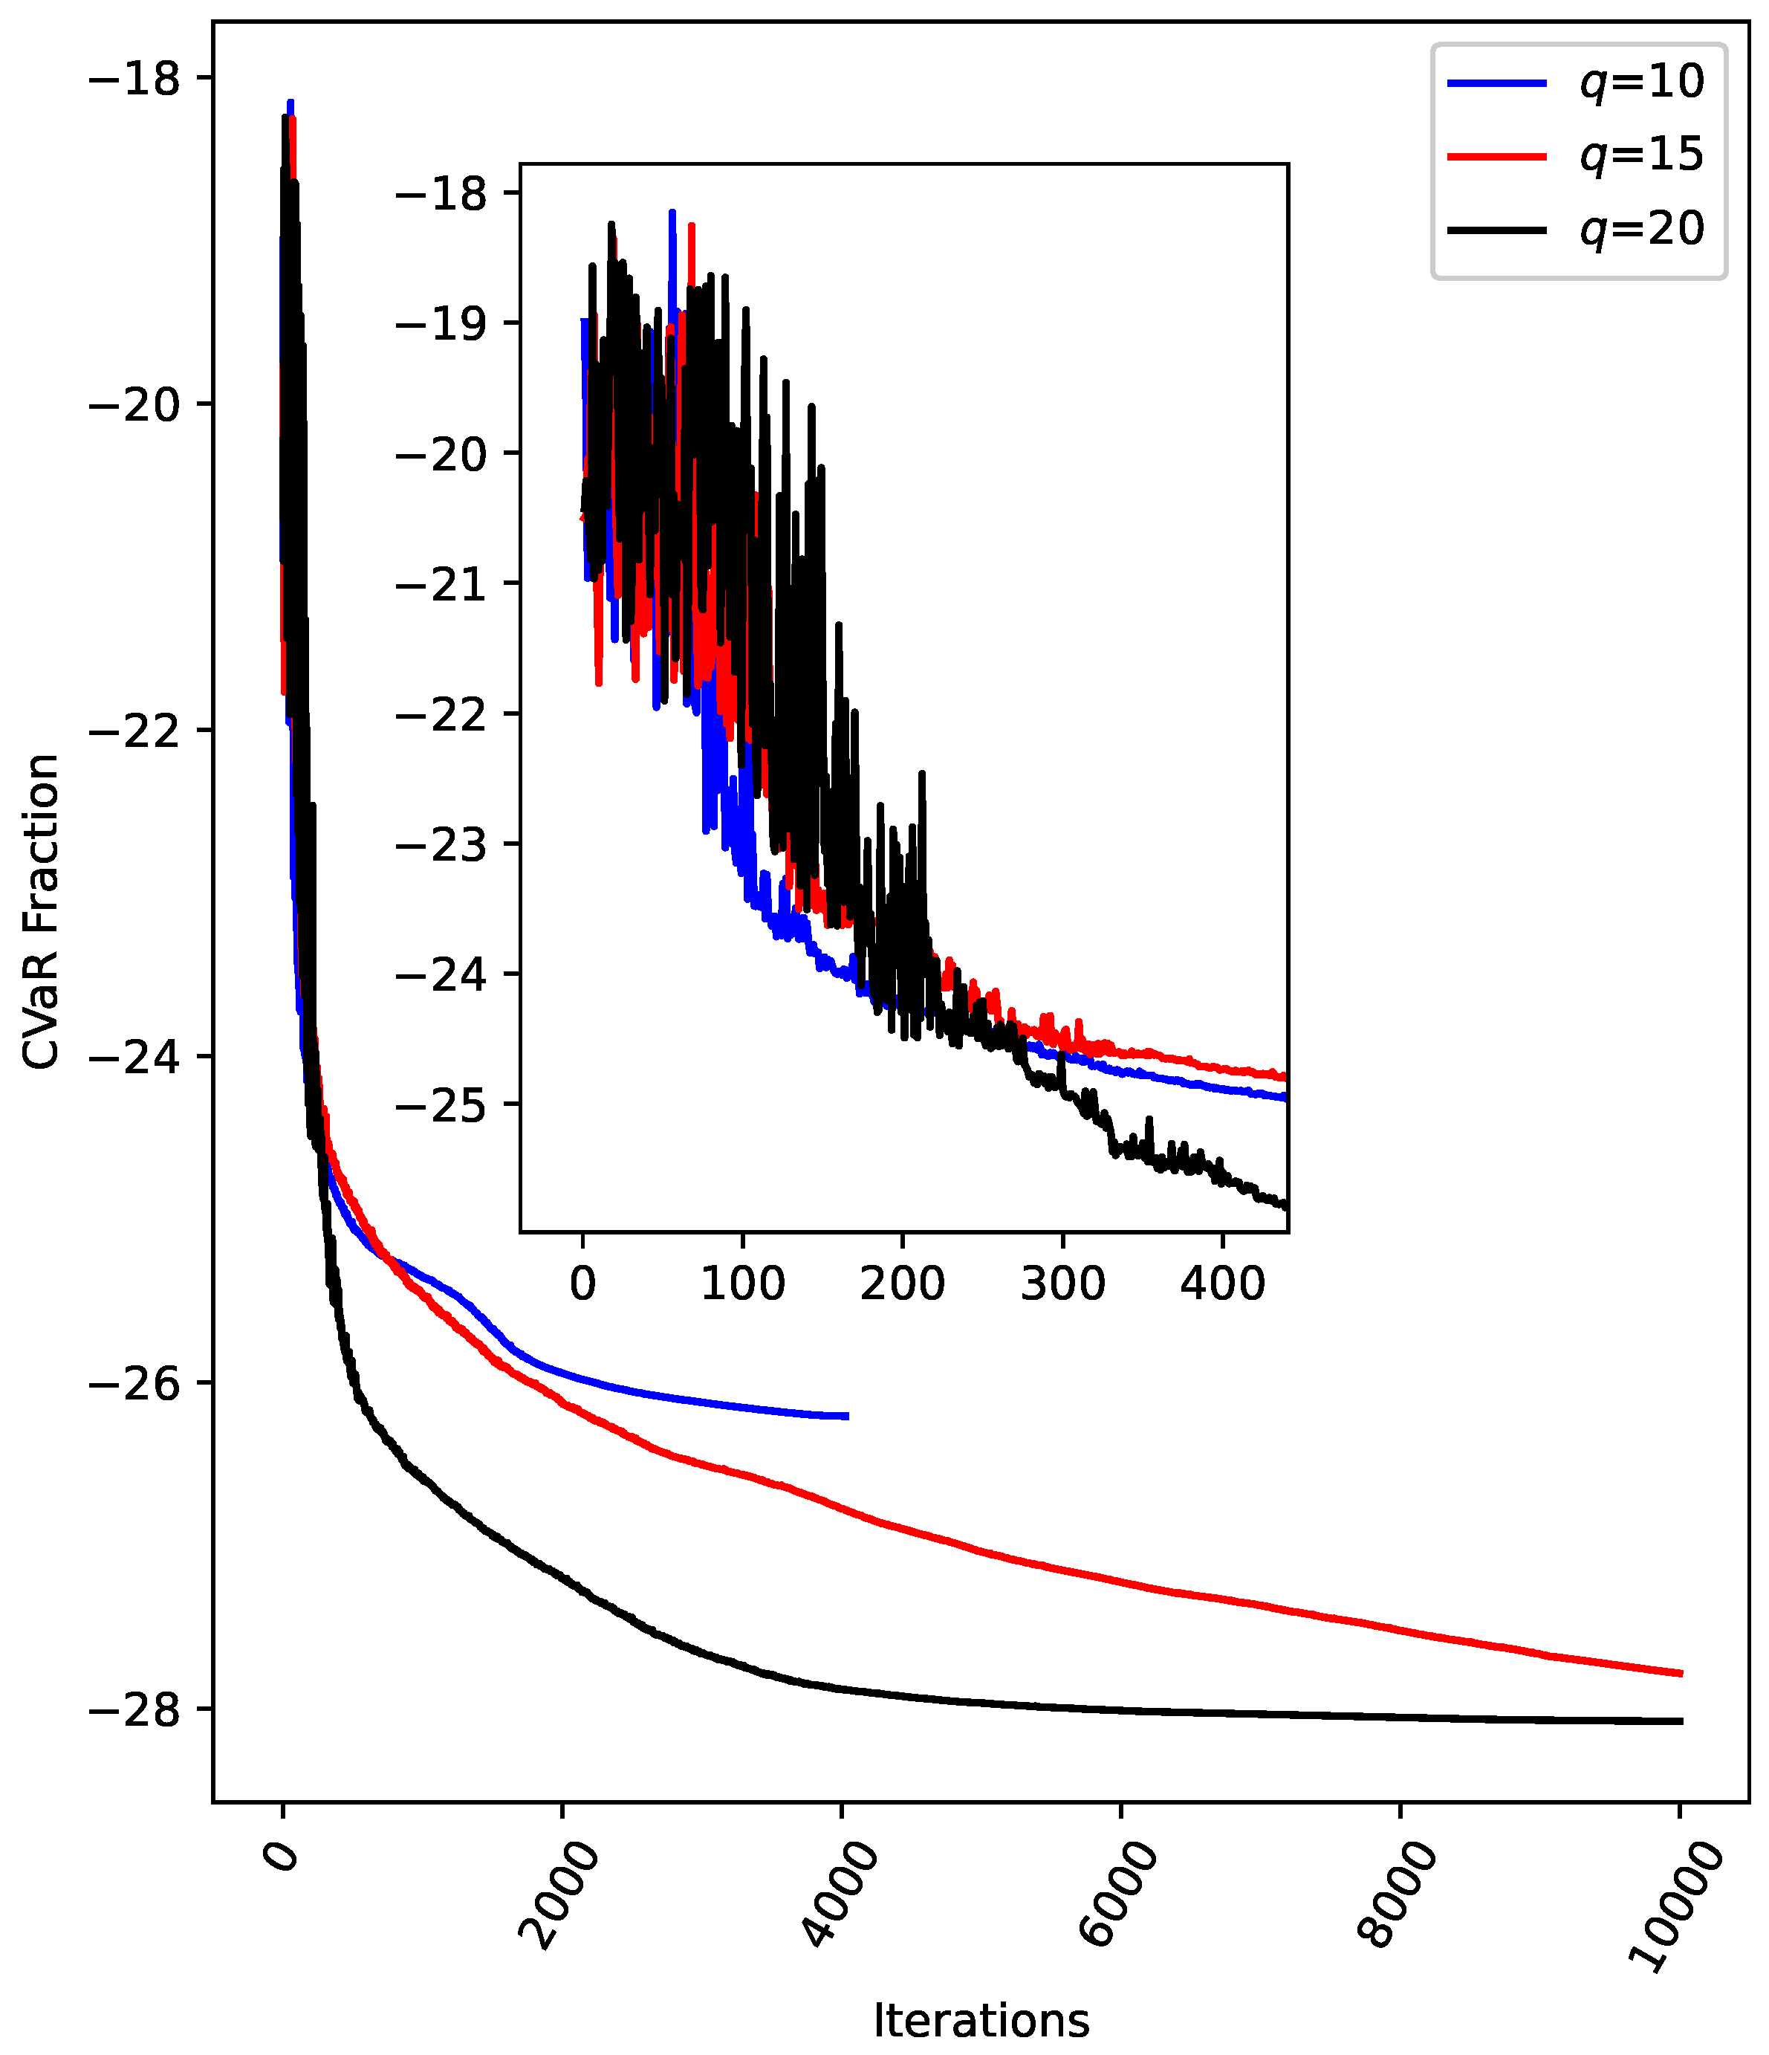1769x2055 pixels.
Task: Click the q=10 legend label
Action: coord(1642,81)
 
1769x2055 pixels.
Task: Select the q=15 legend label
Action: coord(1642,155)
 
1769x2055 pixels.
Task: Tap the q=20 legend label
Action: coord(1642,228)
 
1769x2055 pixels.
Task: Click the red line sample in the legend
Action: coord(1496,156)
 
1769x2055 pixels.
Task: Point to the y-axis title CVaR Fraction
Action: coord(42,913)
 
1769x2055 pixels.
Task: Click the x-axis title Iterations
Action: coord(981,2020)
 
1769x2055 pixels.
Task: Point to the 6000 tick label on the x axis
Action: coord(1118,1894)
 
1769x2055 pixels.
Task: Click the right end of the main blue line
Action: coord(847,1417)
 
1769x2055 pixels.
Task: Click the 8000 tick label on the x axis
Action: coord(1398,1894)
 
